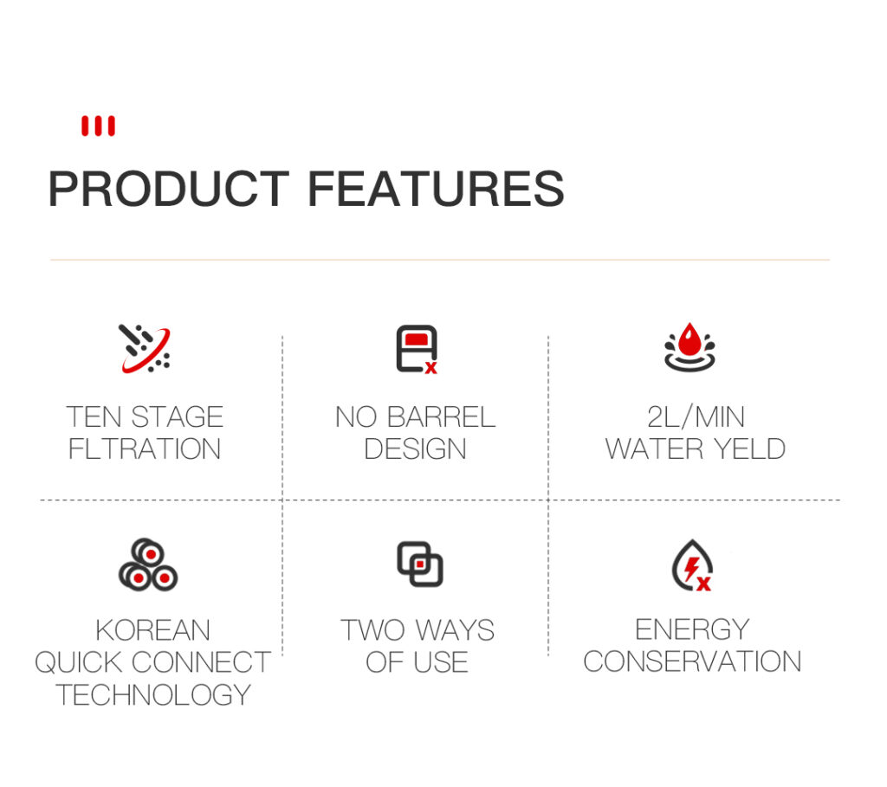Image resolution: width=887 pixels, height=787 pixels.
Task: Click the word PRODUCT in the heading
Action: coord(169,188)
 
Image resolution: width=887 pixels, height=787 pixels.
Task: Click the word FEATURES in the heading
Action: coord(436,188)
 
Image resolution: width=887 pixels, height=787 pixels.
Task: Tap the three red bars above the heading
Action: coord(98,126)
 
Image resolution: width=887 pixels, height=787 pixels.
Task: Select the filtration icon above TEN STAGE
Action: coord(146,348)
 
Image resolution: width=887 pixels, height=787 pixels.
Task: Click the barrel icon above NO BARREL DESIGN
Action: coord(417,349)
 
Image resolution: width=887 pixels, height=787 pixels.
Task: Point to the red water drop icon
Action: coord(690,347)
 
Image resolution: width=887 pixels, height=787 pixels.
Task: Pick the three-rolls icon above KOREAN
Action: coord(148,564)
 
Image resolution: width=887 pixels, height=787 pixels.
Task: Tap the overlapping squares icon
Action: coord(420,564)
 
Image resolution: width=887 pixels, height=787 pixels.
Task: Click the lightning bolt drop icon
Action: coord(692,565)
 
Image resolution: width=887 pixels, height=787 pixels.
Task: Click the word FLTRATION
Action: coord(145,448)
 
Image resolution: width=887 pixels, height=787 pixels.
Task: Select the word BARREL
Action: coord(441,417)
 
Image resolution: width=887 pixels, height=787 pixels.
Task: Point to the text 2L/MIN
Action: coord(696,417)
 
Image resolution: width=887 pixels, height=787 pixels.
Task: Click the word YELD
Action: coord(749,448)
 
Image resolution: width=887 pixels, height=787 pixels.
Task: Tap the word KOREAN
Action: coord(152,629)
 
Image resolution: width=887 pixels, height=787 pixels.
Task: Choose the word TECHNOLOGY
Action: coord(152,695)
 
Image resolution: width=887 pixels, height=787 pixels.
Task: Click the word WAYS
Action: coord(455,629)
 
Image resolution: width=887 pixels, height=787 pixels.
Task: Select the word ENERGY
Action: coord(692,629)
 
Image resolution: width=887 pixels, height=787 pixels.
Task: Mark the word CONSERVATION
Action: coord(692,661)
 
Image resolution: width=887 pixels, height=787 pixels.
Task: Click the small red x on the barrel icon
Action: coord(431,367)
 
